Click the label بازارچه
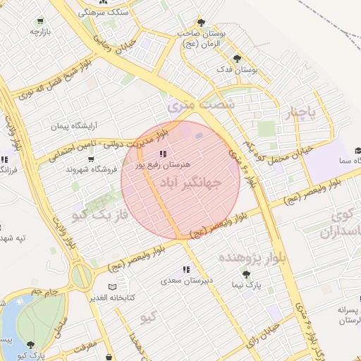point(37,32)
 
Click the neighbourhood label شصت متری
point(190,104)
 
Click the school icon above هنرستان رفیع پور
point(163,153)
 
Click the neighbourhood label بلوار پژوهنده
point(254,257)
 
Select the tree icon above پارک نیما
point(245,274)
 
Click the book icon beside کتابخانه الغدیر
point(114,288)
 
